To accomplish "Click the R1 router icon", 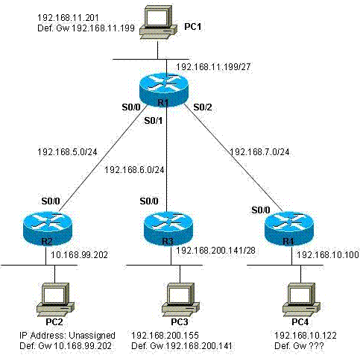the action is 164,90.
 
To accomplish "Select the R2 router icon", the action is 48,229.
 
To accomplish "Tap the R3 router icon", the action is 168,229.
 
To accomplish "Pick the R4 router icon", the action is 289,229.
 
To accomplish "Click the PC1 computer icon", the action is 158,22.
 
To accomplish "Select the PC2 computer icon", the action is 55,299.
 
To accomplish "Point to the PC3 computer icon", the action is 180,299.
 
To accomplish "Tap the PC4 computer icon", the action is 301,299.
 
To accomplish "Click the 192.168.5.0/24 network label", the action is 67,152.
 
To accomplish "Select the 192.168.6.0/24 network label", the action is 134,170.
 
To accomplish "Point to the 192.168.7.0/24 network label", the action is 259,152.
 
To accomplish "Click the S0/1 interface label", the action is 154,121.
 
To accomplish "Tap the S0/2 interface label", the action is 203,107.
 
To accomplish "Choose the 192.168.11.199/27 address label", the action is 213,66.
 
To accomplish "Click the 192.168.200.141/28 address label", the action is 215,250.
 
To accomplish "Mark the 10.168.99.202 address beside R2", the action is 79,254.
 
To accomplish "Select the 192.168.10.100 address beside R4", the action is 328,254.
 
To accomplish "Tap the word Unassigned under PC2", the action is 92,336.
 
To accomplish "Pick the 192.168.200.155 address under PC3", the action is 165,336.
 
